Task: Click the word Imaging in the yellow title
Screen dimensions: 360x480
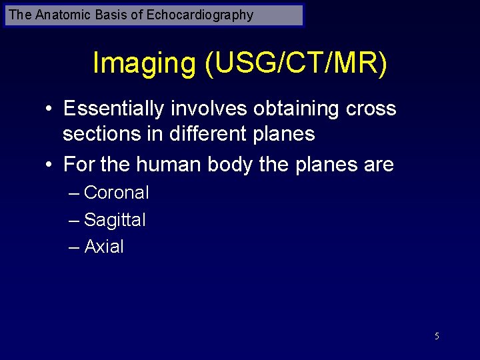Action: pyautogui.click(x=144, y=64)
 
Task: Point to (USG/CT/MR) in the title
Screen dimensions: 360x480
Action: pyautogui.click(x=296, y=64)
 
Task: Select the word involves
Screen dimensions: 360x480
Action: pyautogui.click(x=209, y=108)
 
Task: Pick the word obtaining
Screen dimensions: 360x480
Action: pyautogui.click(x=296, y=108)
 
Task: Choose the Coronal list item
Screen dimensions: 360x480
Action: pyautogui.click(x=117, y=193)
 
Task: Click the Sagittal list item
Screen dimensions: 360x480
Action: pyautogui.click(x=115, y=220)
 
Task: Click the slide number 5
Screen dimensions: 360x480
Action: pyautogui.click(x=437, y=336)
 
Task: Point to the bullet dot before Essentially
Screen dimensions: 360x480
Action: pyautogui.click(x=50, y=109)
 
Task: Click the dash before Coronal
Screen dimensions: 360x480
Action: pyautogui.click(x=74, y=193)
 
